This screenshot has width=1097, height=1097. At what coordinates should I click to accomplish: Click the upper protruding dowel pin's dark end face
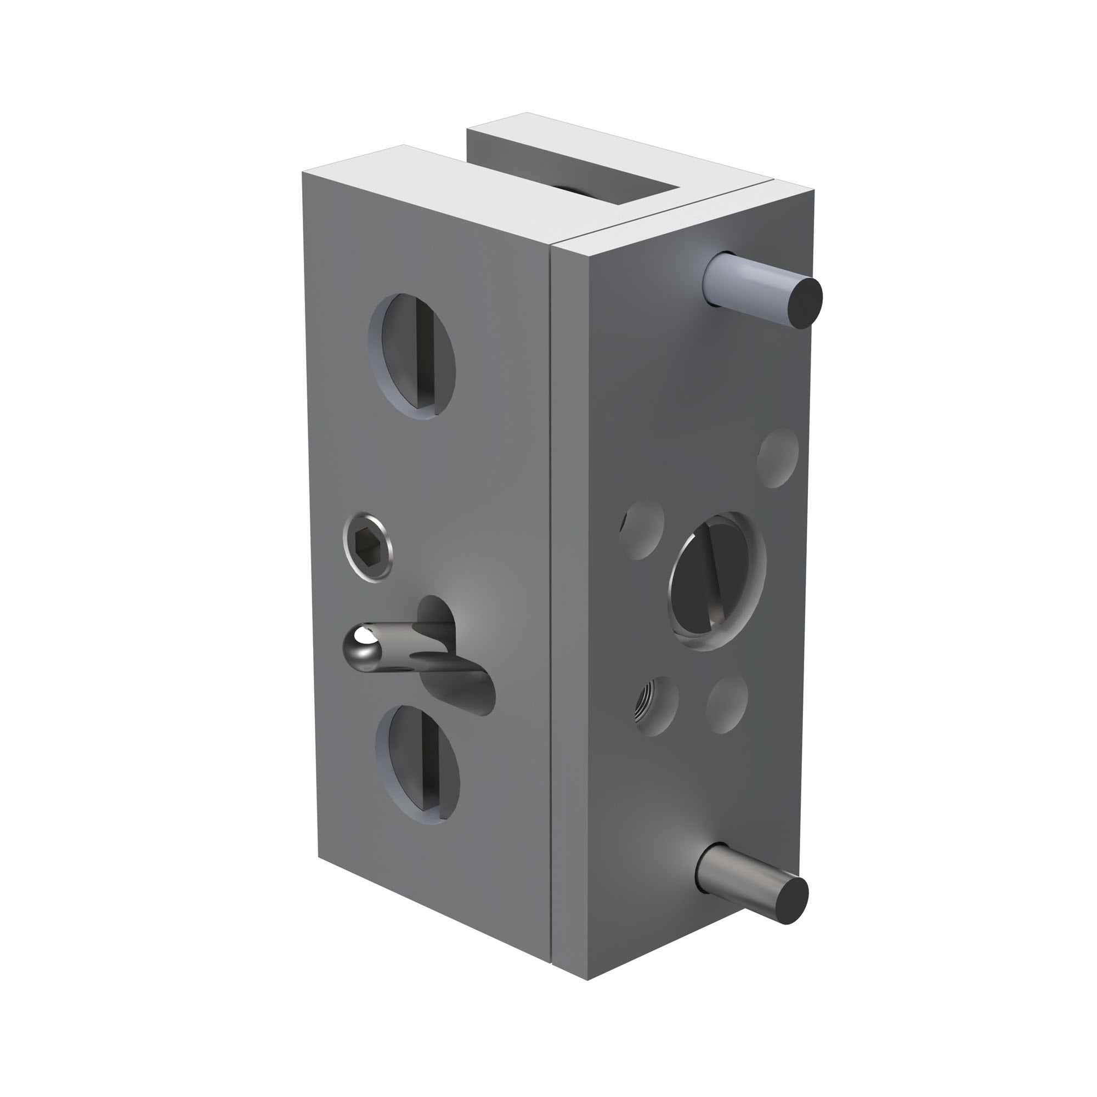[806, 304]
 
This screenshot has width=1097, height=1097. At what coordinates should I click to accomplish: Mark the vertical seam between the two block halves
[552, 568]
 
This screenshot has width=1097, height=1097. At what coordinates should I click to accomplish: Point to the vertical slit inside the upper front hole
[423, 356]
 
